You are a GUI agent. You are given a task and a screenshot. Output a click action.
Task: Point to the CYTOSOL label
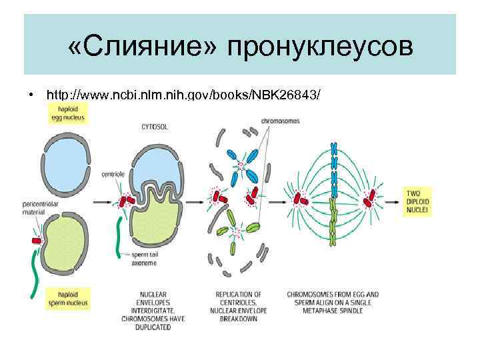tap(155, 125)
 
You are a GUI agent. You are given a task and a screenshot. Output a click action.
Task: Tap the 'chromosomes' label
tap(281, 121)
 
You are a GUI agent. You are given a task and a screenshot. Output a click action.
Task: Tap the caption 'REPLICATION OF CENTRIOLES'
tap(238, 298)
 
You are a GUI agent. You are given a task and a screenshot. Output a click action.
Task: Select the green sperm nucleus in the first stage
tap(65, 243)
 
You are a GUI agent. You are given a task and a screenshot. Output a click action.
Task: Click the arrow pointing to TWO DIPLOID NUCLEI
tap(393, 200)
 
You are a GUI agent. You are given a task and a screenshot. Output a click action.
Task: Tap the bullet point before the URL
tap(31, 95)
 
